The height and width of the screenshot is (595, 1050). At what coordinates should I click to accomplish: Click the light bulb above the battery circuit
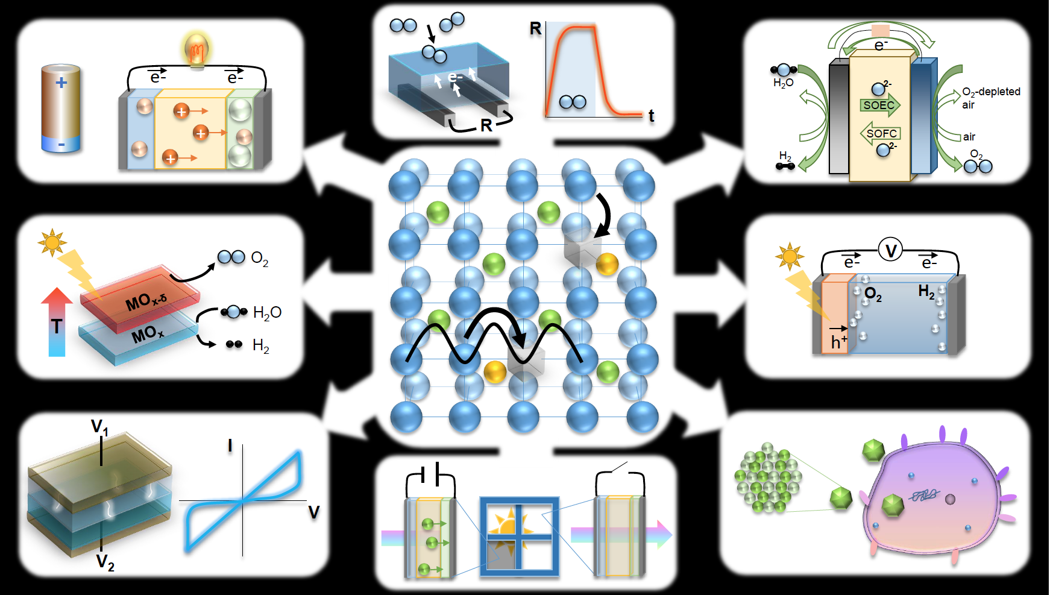(x=196, y=50)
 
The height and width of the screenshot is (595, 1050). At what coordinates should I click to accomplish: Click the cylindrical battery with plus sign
(x=61, y=109)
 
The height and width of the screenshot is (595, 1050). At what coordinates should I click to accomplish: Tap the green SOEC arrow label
(x=879, y=105)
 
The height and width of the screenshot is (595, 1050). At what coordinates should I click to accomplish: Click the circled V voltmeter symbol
(x=890, y=250)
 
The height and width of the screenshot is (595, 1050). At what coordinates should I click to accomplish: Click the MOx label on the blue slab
(x=148, y=333)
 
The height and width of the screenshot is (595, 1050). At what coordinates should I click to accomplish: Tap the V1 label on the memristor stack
(x=99, y=427)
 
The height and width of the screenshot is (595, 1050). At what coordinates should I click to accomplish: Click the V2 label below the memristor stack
(x=105, y=562)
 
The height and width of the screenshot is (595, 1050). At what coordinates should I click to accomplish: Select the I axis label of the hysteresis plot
(x=230, y=446)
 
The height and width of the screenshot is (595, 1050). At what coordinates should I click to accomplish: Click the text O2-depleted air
(x=990, y=98)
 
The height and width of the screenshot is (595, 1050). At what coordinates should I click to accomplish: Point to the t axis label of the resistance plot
(x=651, y=116)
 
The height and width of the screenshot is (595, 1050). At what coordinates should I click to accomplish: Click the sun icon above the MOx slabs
(x=52, y=242)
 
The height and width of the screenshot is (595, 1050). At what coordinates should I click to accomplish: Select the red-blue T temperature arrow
(x=57, y=323)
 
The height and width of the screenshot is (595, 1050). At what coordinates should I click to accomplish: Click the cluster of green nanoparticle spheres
(x=767, y=478)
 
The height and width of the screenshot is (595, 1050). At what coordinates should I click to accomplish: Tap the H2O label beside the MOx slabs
(x=267, y=312)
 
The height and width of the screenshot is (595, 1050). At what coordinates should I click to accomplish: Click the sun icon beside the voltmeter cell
(x=789, y=256)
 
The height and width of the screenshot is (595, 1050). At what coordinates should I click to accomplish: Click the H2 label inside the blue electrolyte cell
(x=926, y=292)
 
